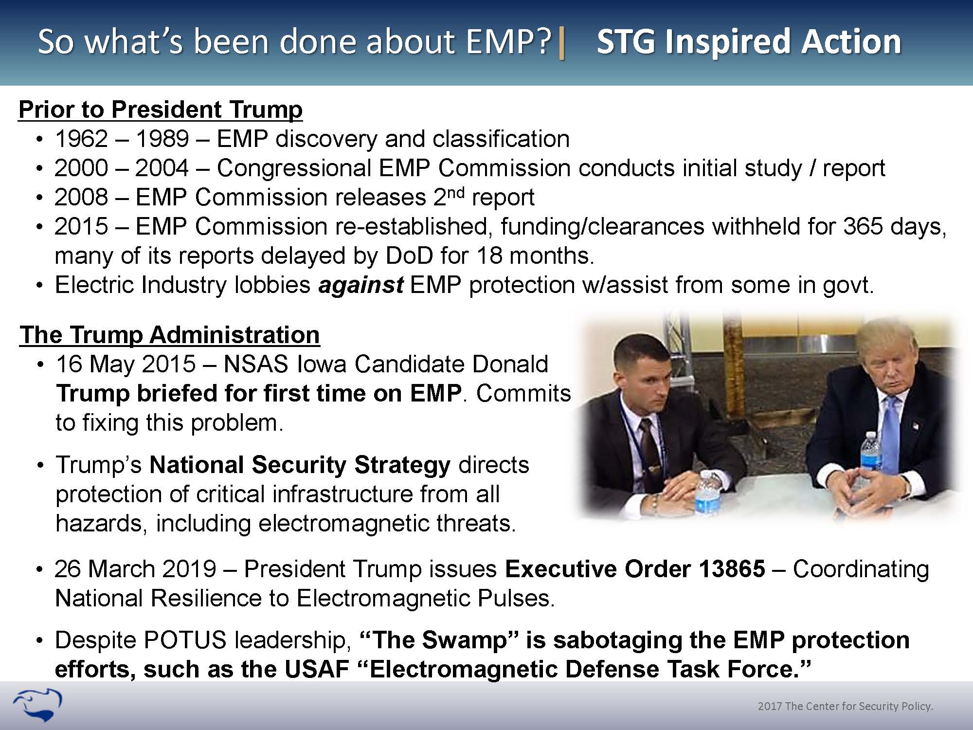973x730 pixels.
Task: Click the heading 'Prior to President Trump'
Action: click(161, 110)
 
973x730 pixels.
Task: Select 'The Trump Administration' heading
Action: click(170, 335)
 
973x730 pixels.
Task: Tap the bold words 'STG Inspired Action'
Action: click(749, 41)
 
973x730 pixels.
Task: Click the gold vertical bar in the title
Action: click(562, 42)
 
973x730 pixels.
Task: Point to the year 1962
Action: click(81, 139)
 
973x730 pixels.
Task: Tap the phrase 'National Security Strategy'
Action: click(300, 465)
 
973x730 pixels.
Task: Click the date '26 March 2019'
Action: click(136, 569)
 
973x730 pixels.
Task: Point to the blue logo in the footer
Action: click(38, 705)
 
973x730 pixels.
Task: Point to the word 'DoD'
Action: click(409, 256)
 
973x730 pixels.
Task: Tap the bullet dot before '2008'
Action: click(40, 199)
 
